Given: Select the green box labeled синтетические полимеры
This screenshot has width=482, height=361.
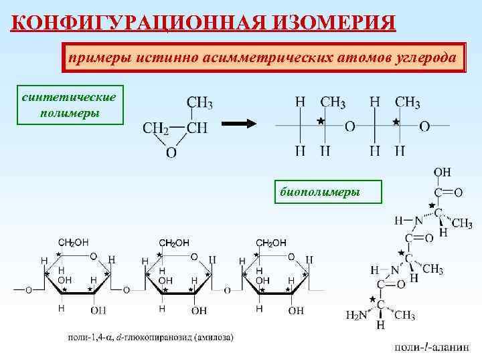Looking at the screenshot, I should click(x=69, y=106).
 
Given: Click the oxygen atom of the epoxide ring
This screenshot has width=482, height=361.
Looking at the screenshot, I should click(x=171, y=153).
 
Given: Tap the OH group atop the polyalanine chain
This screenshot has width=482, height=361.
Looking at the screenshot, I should click(x=443, y=172).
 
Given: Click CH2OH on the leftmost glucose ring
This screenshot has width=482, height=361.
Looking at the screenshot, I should click(x=74, y=243).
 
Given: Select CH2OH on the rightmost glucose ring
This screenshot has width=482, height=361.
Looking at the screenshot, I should click(x=271, y=243).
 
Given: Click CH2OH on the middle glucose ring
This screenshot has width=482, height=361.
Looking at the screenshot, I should click(x=173, y=243).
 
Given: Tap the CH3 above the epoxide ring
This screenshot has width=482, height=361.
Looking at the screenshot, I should click(x=199, y=102).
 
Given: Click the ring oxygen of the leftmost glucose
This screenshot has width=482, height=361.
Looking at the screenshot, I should click(x=94, y=257).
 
